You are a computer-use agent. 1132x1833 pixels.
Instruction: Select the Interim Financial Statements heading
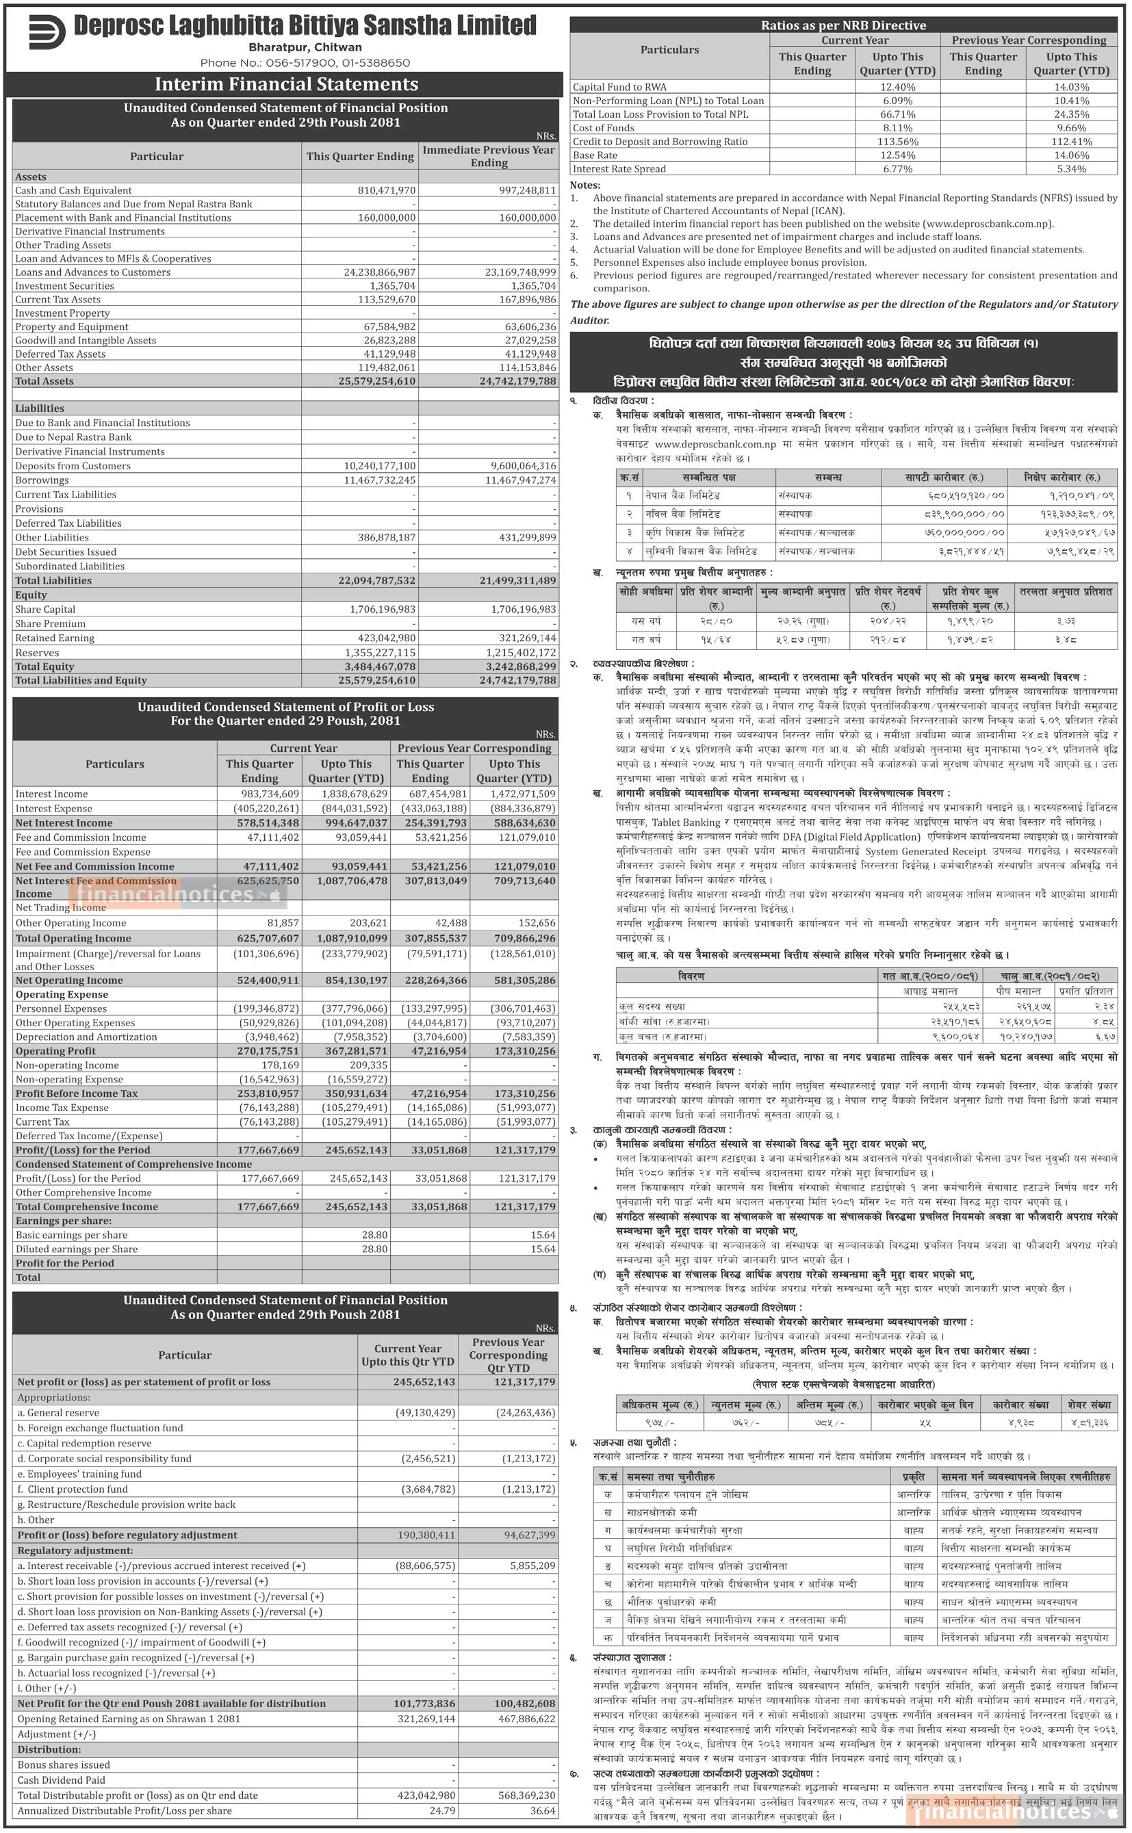(x=286, y=85)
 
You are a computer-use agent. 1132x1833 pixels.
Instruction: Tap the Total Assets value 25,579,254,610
(x=376, y=382)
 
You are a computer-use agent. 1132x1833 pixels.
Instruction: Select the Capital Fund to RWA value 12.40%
(x=897, y=88)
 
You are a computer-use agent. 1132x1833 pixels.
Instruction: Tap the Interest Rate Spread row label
(x=619, y=169)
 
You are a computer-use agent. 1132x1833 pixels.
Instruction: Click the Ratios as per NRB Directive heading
(x=843, y=25)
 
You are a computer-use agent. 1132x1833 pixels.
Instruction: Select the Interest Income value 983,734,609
(x=261, y=794)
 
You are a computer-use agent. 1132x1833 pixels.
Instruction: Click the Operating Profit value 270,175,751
(x=261, y=1052)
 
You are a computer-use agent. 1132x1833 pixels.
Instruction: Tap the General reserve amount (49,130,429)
(x=424, y=1413)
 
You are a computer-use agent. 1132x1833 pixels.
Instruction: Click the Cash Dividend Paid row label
(x=62, y=1780)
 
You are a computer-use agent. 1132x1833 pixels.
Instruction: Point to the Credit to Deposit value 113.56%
(x=897, y=142)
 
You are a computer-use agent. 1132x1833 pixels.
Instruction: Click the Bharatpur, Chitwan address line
(x=305, y=47)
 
